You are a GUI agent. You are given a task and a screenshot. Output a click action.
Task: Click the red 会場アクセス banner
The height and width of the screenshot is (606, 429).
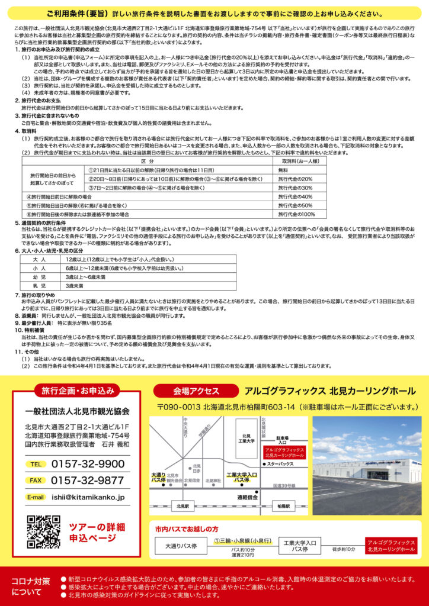(196, 391)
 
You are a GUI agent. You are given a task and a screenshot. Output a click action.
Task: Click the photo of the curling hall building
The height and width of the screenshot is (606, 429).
(366, 465)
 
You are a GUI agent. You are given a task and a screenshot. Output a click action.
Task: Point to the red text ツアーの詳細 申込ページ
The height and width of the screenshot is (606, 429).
(97, 532)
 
